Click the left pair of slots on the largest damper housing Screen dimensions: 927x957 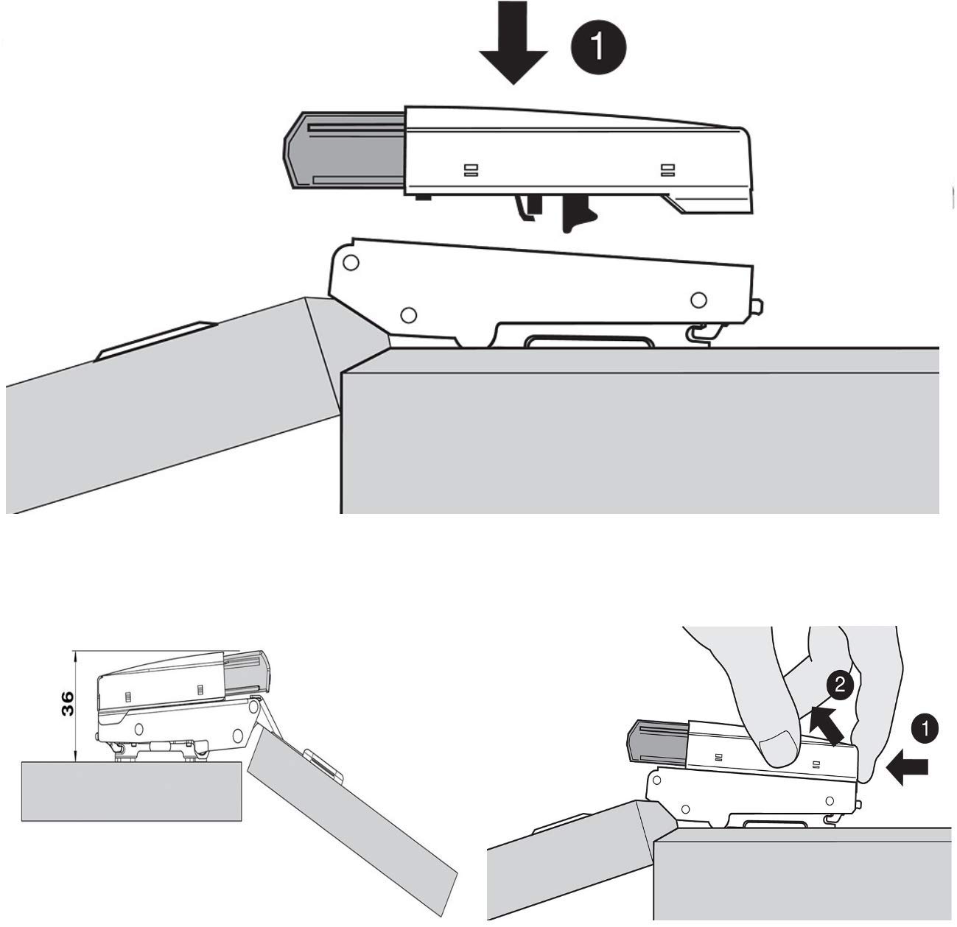tap(470, 170)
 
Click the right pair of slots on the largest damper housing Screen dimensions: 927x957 tap(667, 170)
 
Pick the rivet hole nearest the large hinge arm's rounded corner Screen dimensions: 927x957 tap(351, 261)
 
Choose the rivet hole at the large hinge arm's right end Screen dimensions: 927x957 tap(698, 300)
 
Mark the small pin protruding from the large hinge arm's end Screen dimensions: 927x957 tap(759, 306)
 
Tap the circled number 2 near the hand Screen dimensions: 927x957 tap(839, 685)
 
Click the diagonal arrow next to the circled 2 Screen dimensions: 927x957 tap(827, 725)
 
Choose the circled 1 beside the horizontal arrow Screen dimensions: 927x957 tap(925, 729)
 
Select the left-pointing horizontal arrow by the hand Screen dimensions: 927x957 tap(908, 771)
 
